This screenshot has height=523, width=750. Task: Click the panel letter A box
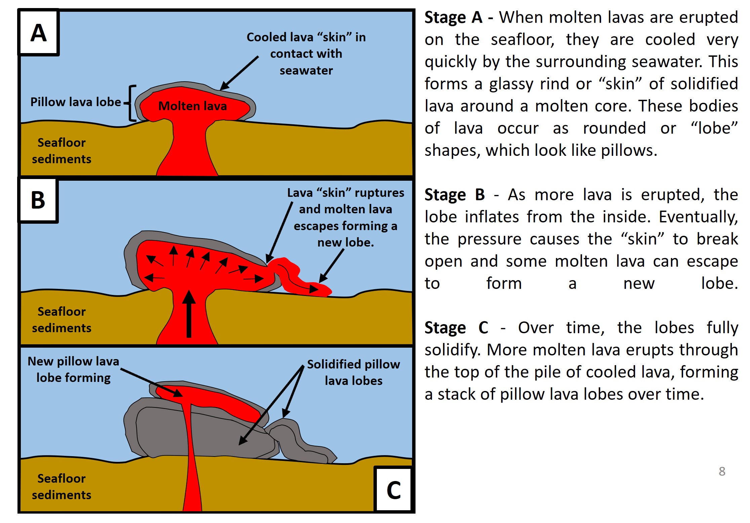(39, 33)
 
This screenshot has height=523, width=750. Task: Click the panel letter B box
(38, 200)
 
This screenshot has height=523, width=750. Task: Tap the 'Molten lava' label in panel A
(193, 106)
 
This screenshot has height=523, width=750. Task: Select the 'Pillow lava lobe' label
(76, 102)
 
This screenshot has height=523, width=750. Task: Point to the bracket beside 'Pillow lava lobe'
(131, 103)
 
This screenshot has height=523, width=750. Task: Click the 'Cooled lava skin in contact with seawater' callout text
(306, 54)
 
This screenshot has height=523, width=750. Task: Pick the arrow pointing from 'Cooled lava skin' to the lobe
(239, 73)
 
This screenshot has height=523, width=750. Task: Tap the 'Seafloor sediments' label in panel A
(62, 151)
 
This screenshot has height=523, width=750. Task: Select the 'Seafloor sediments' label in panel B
(62, 320)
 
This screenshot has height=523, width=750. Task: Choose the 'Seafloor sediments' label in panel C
(62, 487)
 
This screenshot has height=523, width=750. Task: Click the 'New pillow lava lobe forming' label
(74, 369)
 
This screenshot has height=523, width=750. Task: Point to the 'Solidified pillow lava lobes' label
(353, 373)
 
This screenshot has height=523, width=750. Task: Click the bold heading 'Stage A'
(453, 17)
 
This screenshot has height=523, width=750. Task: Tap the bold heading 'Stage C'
(456, 328)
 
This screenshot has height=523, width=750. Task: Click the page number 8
(722, 471)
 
